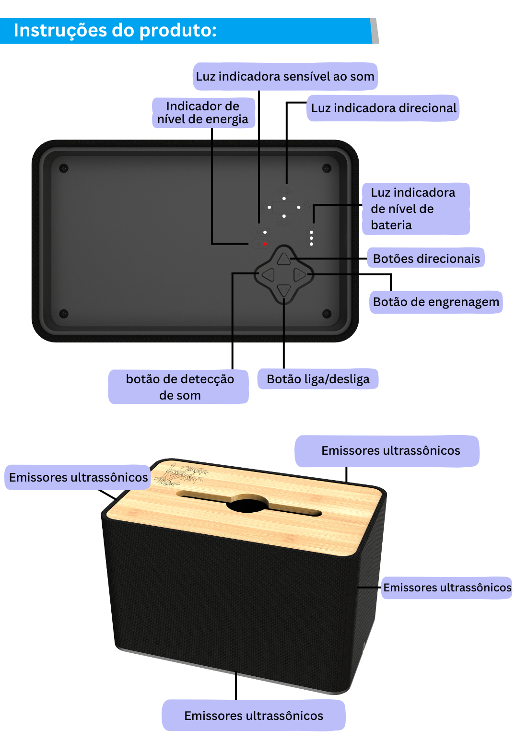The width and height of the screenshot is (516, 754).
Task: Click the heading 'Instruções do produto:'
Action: click(115, 31)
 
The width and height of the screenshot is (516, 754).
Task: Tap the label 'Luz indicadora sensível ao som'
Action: click(285, 76)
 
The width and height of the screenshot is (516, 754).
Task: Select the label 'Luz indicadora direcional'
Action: click(383, 108)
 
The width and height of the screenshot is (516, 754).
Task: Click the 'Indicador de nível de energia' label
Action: click(203, 113)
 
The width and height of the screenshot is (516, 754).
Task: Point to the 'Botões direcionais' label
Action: click(426, 259)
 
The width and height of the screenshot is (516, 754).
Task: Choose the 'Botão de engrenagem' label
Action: click(435, 302)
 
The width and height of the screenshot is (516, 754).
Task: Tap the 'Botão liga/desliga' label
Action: click(318, 379)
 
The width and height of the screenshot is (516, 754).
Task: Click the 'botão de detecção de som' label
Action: click(179, 387)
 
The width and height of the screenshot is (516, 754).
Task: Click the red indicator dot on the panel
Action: click(265, 244)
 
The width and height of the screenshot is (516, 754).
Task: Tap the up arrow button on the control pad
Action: click(284, 259)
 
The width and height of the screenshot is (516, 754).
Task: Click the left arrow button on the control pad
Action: click(268, 275)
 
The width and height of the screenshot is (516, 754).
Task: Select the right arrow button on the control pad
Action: click(300, 275)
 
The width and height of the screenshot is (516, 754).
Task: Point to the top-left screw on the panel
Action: click(64, 168)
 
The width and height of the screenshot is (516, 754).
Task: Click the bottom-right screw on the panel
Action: click(327, 314)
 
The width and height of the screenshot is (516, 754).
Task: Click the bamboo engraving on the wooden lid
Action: click(182, 474)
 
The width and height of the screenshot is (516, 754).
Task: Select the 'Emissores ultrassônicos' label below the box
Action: click(253, 716)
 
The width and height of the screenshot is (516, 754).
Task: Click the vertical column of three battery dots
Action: click(312, 238)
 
